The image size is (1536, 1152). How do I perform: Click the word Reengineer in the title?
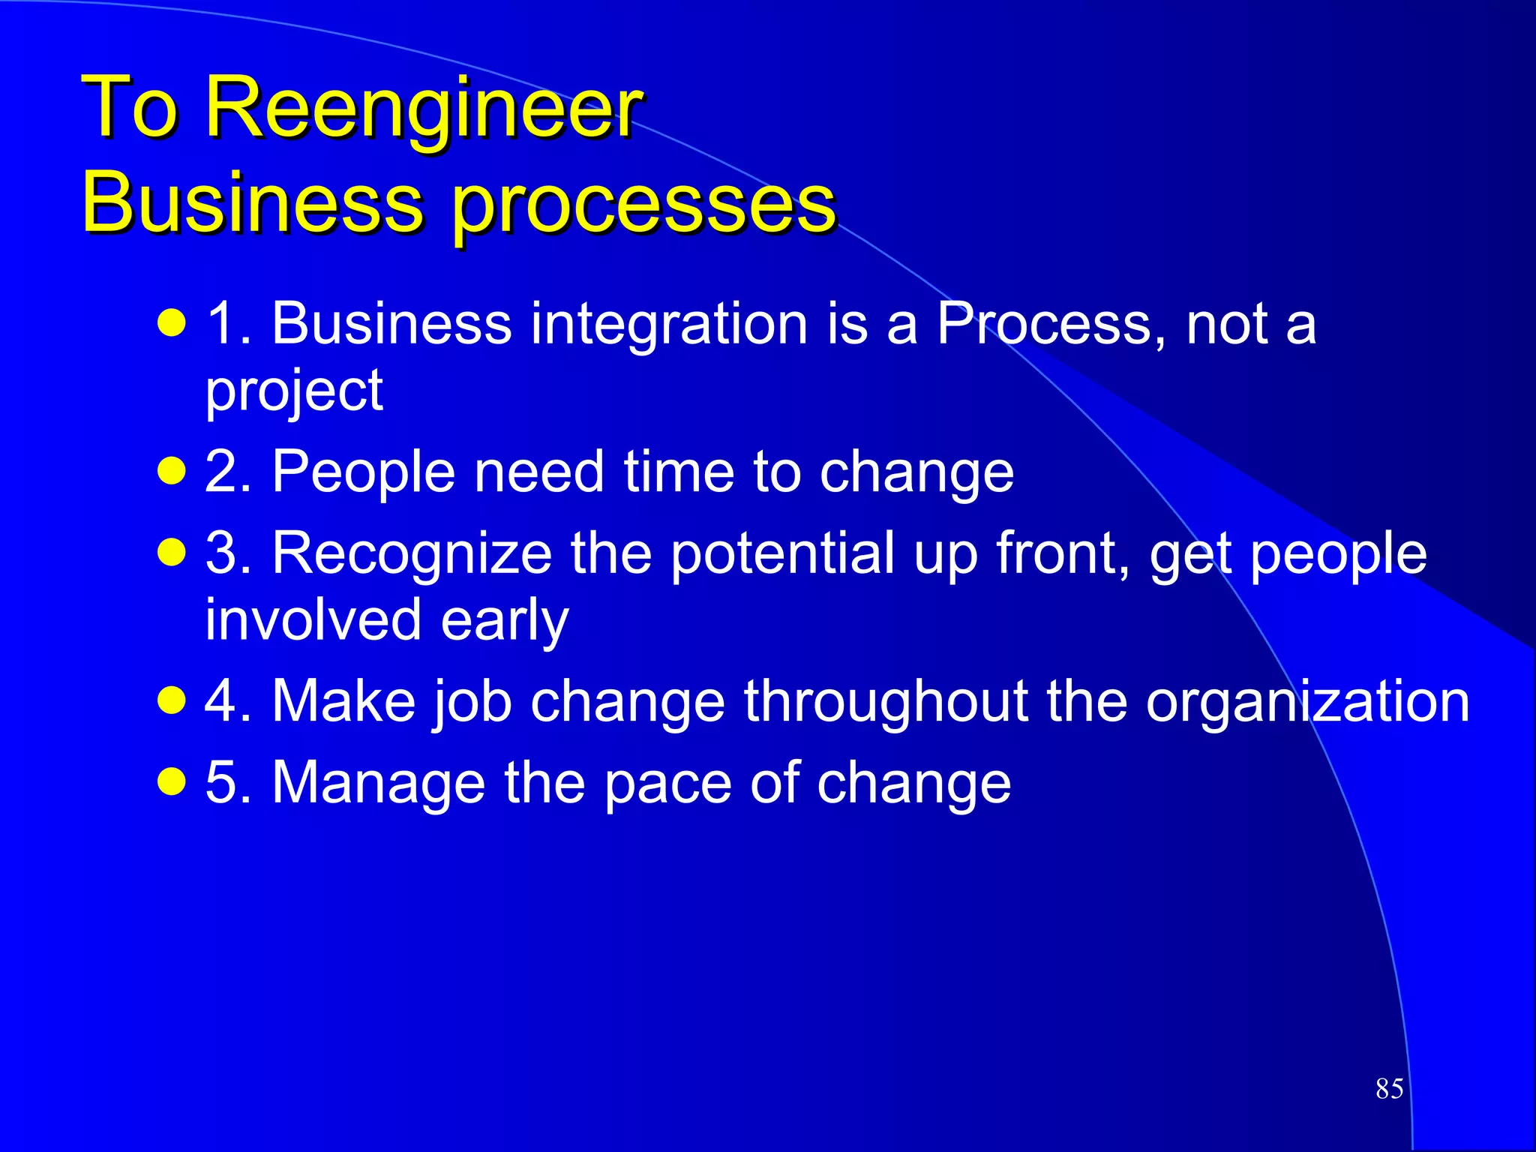[x=423, y=109]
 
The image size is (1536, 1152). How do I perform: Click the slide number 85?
[x=1389, y=1088]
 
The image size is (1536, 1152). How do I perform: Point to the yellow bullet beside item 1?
[x=172, y=325]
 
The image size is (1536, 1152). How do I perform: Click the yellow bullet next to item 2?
[x=172, y=472]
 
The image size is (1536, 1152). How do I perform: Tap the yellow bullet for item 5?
[x=172, y=783]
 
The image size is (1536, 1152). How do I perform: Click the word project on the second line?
[x=294, y=392]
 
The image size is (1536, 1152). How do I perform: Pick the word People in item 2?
[x=363, y=472]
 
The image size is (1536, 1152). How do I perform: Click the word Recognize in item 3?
[x=412, y=554]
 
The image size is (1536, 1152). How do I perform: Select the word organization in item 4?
[x=1307, y=703]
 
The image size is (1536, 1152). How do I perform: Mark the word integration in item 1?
[x=669, y=325]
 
